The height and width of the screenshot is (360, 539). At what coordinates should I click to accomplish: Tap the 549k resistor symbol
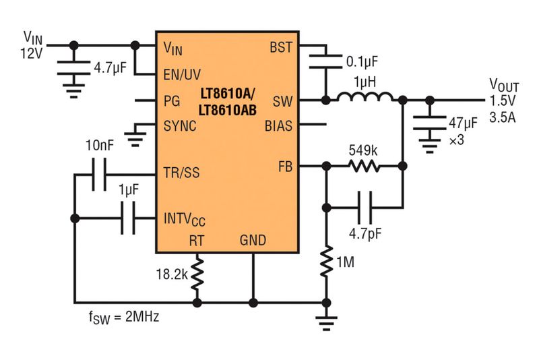tap(364, 166)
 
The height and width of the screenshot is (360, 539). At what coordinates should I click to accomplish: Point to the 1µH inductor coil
tap(365, 99)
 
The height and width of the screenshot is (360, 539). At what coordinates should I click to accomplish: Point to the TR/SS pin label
tap(181, 173)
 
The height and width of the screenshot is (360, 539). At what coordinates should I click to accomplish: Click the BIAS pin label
tap(279, 125)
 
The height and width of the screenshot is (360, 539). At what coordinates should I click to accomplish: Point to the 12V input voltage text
tap(32, 54)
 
